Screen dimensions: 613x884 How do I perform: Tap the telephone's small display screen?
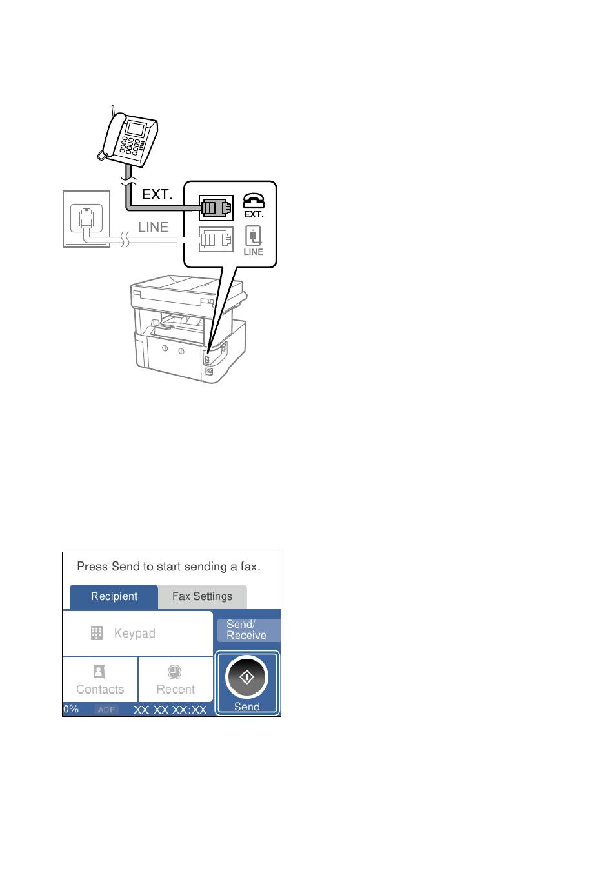click(136, 128)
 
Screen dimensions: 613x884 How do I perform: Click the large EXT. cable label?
click(157, 195)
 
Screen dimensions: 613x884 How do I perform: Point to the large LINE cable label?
click(153, 227)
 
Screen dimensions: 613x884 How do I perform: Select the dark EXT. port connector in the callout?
click(216, 208)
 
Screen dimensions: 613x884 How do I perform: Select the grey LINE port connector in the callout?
click(216, 239)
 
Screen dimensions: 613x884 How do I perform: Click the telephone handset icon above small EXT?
click(254, 201)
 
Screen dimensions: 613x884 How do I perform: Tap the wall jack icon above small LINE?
click(253, 236)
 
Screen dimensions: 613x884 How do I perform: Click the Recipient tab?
click(114, 596)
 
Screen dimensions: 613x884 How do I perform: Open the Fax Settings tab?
click(202, 596)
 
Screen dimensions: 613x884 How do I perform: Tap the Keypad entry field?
click(137, 633)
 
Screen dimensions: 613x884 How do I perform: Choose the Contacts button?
click(100, 679)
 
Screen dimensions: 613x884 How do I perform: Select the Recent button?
click(176, 679)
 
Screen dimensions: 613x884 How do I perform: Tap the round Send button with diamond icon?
click(246, 678)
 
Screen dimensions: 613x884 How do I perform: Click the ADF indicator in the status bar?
click(106, 710)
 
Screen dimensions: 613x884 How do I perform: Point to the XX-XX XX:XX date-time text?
click(170, 710)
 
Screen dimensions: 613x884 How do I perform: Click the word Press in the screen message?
click(92, 567)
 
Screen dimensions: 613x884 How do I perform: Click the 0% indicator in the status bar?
click(71, 709)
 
